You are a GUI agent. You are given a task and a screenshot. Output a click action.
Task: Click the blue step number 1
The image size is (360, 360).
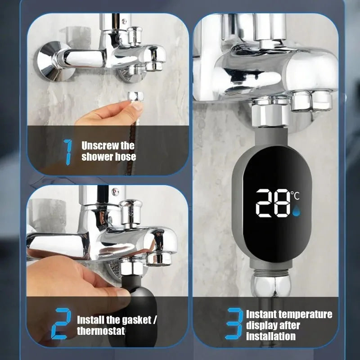click(x=68, y=151)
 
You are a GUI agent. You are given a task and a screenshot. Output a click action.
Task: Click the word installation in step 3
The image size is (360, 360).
click(x=270, y=336)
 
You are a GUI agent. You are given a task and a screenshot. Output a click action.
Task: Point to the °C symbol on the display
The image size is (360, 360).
click(x=295, y=195)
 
